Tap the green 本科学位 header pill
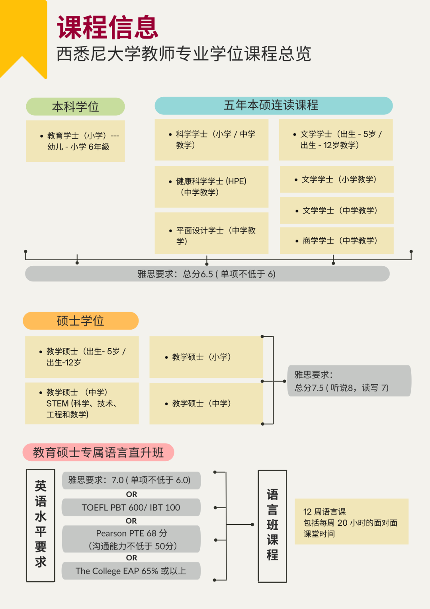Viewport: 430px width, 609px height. tap(75, 106)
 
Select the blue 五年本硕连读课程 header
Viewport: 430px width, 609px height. tap(274, 105)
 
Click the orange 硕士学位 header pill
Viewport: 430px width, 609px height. tap(80, 321)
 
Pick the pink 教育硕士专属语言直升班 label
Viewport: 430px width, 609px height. tap(98, 452)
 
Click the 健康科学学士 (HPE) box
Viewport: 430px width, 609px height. tap(211, 187)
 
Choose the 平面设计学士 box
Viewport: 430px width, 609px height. tap(211, 233)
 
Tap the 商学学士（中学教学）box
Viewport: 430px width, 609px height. tap(337, 241)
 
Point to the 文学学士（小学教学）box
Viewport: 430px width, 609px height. tap(337, 179)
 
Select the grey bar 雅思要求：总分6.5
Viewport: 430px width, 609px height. tap(207, 274)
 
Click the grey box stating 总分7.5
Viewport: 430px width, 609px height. tap(349, 381)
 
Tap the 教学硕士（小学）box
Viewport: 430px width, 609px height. tap(206, 357)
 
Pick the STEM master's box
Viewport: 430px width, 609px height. tap(82, 403)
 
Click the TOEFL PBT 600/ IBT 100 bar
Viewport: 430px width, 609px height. tap(131, 507)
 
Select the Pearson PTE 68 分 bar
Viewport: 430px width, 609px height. tap(131, 539)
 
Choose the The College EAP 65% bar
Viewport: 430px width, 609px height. tap(131, 571)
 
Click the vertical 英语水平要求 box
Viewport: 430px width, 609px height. tap(41, 525)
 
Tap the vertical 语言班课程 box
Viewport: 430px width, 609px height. tap(272, 526)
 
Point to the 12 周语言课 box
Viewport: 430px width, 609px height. tap(352, 522)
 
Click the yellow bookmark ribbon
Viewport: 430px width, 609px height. tap(23, 32)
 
